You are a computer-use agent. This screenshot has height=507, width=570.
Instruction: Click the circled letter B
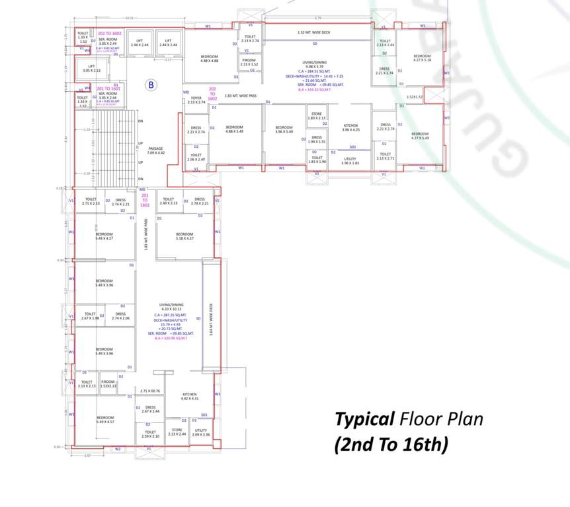click(x=151, y=84)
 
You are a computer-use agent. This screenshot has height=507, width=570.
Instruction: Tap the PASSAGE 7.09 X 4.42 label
click(x=155, y=151)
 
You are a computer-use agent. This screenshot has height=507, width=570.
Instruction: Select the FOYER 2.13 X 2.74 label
click(x=196, y=100)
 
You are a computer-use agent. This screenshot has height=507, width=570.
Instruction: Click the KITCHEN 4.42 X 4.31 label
click(x=189, y=397)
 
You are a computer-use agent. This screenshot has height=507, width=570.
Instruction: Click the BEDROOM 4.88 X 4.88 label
click(x=209, y=59)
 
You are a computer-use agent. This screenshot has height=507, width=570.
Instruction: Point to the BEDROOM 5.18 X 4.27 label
click(x=184, y=236)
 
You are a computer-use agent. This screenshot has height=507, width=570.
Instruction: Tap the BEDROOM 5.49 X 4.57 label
click(x=104, y=419)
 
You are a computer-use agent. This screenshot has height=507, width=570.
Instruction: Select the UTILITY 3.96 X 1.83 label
click(x=350, y=160)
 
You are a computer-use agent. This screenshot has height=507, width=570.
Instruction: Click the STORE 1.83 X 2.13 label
click(x=316, y=116)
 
